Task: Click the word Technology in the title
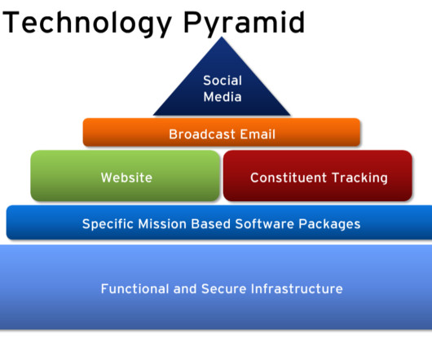click(x=87, y=24)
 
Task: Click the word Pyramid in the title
click(x=244, y=24)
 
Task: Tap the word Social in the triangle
click(x=223, y=81)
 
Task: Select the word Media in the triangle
click(x=223, y=97)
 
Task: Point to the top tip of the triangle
click(x=222, y=37)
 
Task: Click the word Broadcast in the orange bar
click(x=202, y=134)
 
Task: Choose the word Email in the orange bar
click(x=258, y=134)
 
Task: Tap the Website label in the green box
click(x=126, y=178)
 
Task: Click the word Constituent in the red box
click(x=289, y=178)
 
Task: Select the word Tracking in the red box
click(x=359, y=178)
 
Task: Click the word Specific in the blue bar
click(x=108, y=224)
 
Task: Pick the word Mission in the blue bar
click(x=162, y=224)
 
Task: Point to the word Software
click(x=264, y=224)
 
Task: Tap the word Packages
click(x=329, y=224)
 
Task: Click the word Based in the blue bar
click(x=211, y=224)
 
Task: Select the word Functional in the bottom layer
click(x=134, y=288)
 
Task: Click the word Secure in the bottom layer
click(x=223, y=288)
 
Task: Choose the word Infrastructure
click(x=297, y=288)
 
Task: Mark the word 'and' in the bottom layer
click(x=185, y=288)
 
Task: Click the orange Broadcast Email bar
click(x=222, y=132)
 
